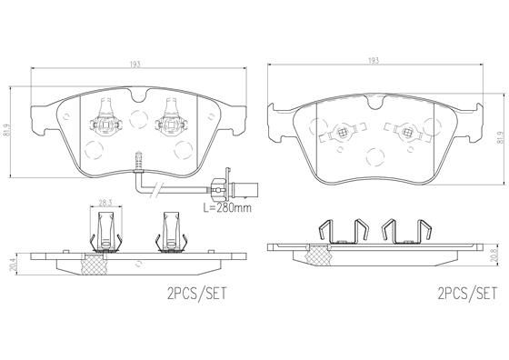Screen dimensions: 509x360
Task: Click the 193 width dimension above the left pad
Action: (x=135, y=65)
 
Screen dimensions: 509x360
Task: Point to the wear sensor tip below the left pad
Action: (x=139, y=155)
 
